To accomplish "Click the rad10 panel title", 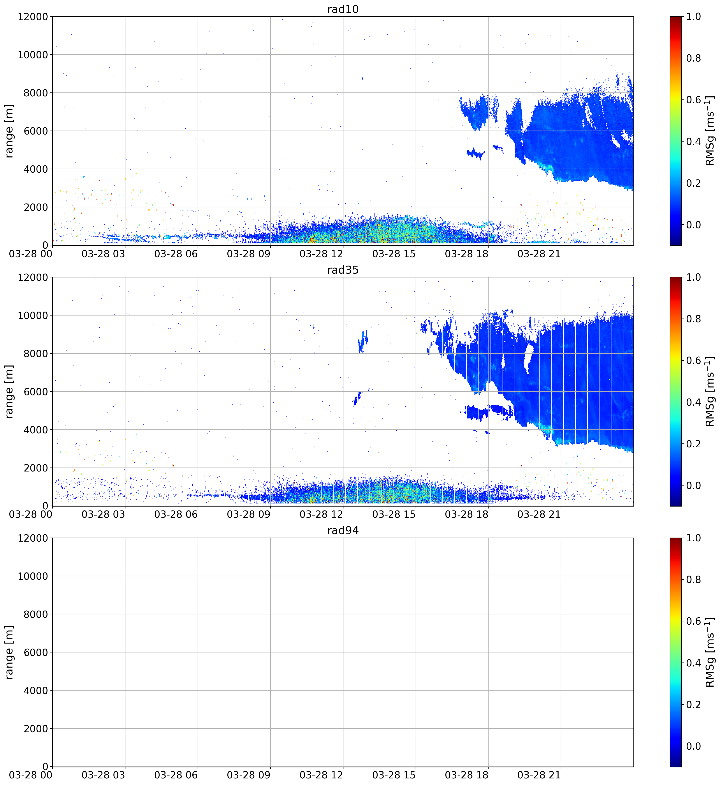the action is (x=343, y=9).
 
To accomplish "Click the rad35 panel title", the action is (x=343, y=270).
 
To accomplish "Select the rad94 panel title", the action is (x=343, y=530).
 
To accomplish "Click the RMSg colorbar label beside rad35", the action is (x=710, y=392).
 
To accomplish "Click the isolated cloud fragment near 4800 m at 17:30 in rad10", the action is (x=476, y=153).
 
